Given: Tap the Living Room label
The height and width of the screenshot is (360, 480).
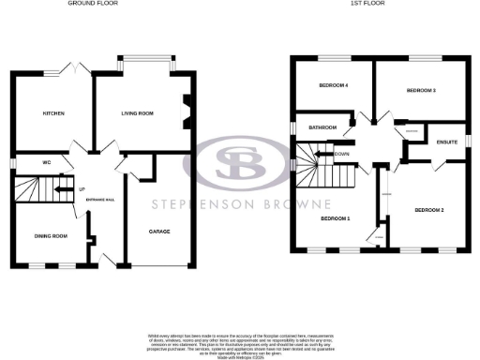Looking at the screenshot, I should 137,113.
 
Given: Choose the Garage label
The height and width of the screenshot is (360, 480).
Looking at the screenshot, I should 160,231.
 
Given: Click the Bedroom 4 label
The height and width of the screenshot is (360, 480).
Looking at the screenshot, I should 334,86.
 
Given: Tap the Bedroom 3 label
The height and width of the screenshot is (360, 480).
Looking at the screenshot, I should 421,91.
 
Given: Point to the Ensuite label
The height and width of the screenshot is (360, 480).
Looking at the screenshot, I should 447,142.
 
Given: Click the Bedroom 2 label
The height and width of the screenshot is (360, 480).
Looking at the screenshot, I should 428,210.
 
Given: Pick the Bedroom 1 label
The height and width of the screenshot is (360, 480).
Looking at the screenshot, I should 335,218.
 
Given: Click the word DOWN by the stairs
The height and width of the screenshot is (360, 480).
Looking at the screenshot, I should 342,154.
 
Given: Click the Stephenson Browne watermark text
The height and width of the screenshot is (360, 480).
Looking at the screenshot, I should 239,204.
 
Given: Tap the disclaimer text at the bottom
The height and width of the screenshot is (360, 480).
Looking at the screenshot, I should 239,343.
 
